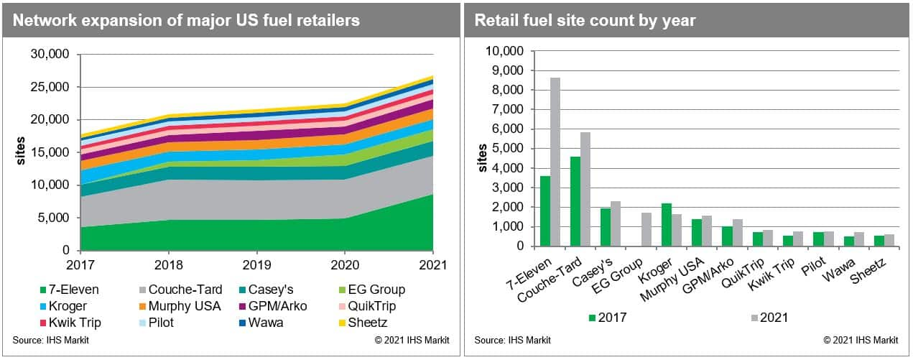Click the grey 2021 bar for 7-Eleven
(555, 162)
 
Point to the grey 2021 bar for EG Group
(646, 229)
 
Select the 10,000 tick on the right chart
(508, 51)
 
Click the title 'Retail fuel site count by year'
(585, 19)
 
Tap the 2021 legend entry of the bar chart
(772, 317)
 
